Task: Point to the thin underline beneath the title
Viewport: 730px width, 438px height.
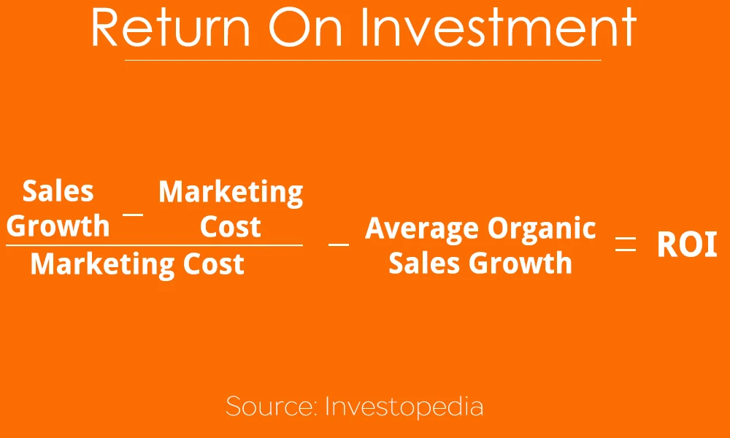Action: (363, 60)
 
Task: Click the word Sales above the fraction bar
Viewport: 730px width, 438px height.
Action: (58, 191)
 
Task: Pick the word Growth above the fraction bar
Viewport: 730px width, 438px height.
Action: (58, 226)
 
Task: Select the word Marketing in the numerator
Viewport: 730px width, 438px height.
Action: (231, 192)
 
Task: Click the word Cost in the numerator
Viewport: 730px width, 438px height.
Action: (231, 227)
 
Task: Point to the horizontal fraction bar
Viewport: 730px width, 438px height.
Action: (154, 245)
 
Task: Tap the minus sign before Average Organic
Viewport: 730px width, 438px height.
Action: (339, 244)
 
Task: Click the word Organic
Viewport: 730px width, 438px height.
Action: (542, 229)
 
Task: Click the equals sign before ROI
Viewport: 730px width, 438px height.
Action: (626, 245)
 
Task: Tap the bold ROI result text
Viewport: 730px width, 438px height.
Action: (687, 245)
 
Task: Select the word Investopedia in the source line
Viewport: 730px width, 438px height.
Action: (404, 406)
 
